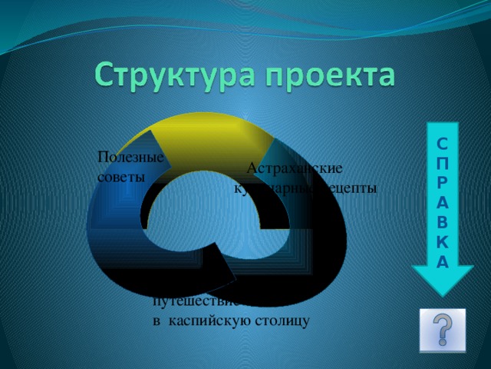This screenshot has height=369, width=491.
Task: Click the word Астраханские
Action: tap(295, 168)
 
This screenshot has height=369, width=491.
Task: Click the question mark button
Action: tap(443, 331)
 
